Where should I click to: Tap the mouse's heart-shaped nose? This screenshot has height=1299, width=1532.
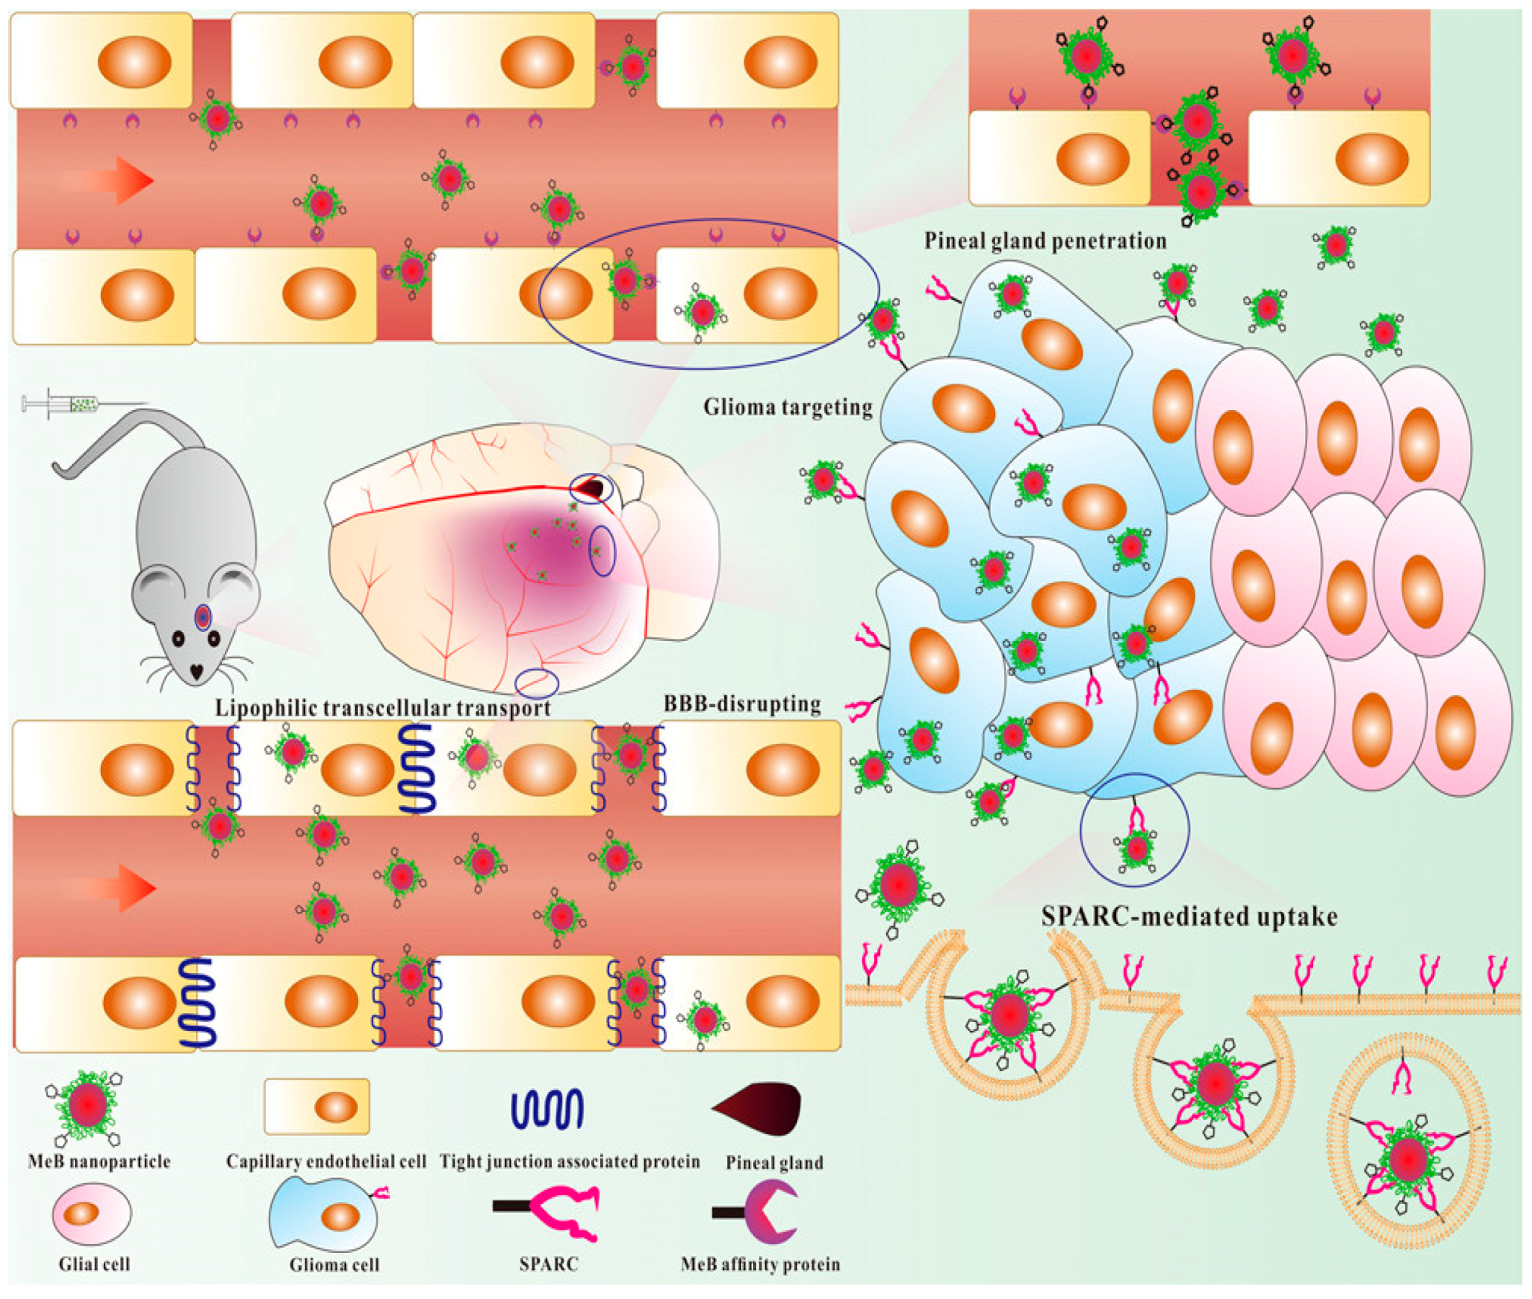197,672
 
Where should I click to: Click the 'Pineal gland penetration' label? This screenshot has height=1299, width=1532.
1045,241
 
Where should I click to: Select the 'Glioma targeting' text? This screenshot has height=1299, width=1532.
787,407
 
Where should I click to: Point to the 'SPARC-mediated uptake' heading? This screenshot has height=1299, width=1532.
1188,916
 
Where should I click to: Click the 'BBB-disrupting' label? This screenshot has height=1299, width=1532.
742,704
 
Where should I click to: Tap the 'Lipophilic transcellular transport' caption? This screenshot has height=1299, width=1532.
382,708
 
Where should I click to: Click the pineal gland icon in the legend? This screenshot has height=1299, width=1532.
758,1108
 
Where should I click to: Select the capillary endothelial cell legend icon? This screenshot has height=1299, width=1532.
316,1106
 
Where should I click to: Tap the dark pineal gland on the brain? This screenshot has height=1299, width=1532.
592,487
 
